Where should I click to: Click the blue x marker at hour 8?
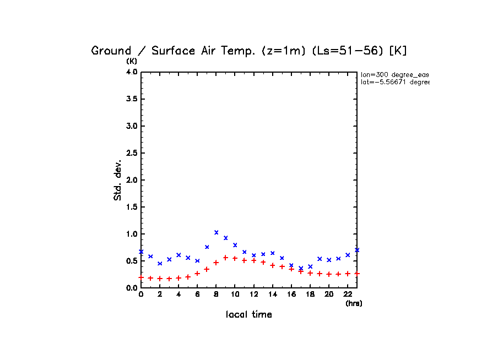[216, 232]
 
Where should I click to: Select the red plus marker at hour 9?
[225, 258]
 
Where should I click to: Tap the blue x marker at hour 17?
[301, 268]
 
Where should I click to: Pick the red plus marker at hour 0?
[141, 277]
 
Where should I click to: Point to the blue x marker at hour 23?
[357, 250]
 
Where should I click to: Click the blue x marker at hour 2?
[160, 263]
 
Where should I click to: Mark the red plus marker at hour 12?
[253, 260]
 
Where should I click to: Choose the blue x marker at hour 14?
[272, 253]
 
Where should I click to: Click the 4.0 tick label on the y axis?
[131, 72]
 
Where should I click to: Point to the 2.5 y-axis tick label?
[131, 153]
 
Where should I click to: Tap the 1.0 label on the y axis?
[131, 234]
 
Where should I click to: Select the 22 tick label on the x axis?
[348, 294]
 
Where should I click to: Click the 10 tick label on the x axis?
[235, 294]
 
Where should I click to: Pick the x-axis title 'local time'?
[249, 315]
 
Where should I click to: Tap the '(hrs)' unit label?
[354, 303]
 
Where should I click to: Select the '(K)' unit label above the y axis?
[132, 61]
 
